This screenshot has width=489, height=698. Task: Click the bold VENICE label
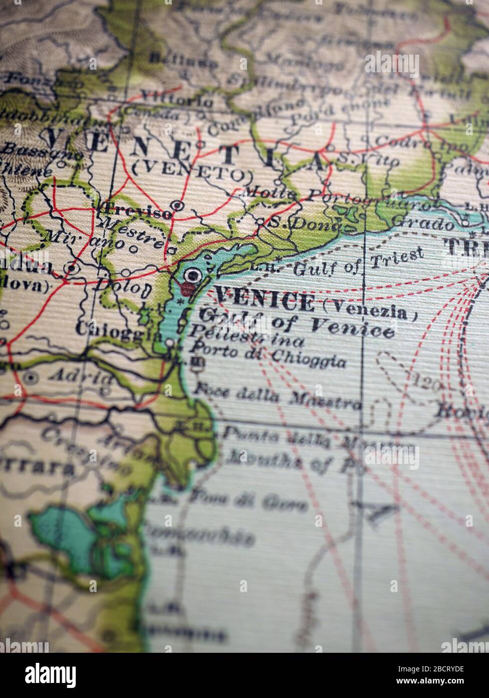click(264, 302)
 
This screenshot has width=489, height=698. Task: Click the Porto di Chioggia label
click(270, 356)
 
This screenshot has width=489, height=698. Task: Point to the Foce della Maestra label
click(277, 395)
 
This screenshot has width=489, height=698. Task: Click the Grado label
click(422, 221)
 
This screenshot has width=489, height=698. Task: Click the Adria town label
click(82, 376)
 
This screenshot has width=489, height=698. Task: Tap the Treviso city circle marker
click(177, 205)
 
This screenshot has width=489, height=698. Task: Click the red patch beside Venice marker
click(188, 289)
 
